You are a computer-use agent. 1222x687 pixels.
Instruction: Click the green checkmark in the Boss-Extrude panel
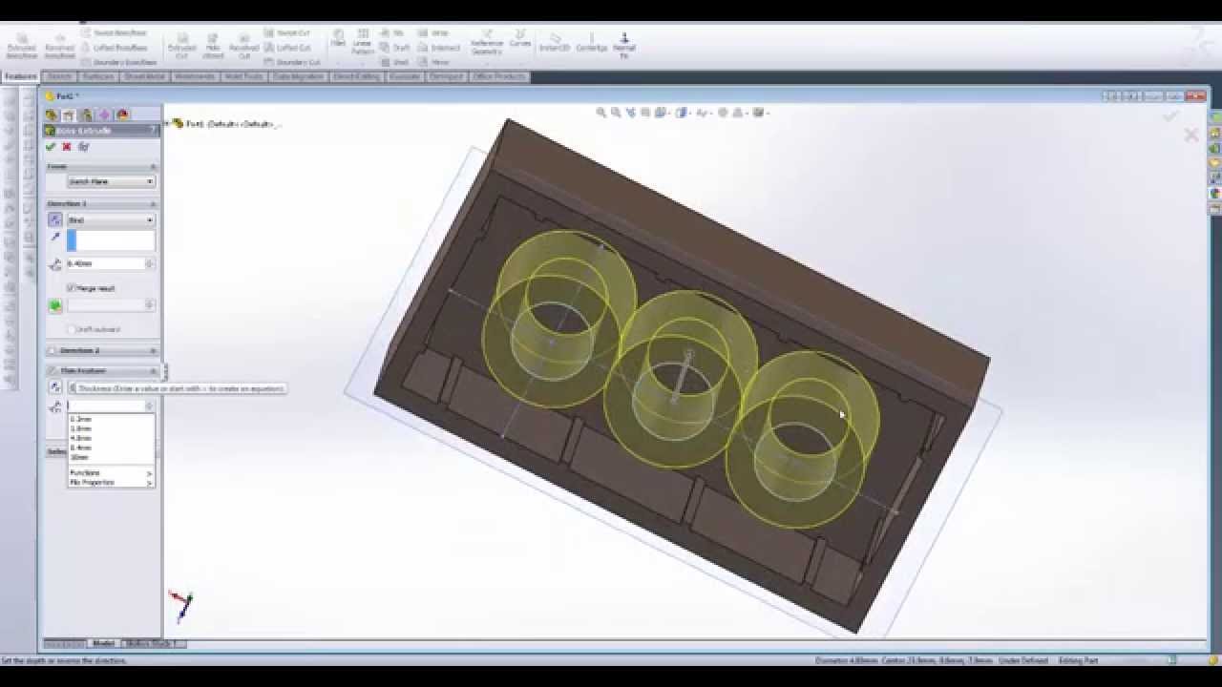coord(51,147)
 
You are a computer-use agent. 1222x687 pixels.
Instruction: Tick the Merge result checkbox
coord(72,288)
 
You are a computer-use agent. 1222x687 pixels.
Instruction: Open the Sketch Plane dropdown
coord(111,181)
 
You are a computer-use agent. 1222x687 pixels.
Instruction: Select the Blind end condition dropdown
coord(111,220)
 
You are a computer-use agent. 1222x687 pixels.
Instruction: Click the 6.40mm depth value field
coord(105,263)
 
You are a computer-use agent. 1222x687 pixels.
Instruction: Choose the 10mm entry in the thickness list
coord(79,457)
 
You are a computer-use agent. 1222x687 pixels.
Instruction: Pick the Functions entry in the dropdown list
coord(86,473)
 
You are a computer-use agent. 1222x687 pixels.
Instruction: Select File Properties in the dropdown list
coord(93,483)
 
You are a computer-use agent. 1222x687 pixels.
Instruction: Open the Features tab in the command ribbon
coord(21,76)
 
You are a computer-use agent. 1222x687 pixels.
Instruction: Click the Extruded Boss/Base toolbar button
coord(21,46)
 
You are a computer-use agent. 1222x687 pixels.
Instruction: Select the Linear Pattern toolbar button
coord(363,44)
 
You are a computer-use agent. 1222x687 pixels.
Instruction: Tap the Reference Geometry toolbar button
coord(487,44)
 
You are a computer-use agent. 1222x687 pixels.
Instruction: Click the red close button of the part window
coord(1197,96)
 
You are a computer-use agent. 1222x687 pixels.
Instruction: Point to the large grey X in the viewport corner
coord(1190,135)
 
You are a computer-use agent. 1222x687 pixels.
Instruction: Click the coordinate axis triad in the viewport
coord(181,603)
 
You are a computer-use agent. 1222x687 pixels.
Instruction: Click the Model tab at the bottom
coord(103,643)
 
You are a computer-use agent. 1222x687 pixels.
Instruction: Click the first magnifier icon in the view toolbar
coord(601,113)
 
